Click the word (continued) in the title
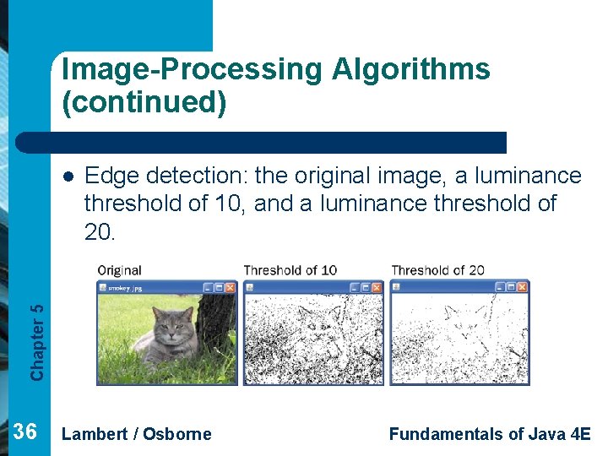point(144,103)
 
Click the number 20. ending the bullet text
point(99,231)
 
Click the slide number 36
point(25,432)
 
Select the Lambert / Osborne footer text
point(137,434)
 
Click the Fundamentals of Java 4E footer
point(490,434)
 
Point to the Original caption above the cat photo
point(119,270)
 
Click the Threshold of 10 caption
point(290,270)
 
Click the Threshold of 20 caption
point(437,270)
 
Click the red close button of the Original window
point(230,288)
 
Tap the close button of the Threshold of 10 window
point(376,288)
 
